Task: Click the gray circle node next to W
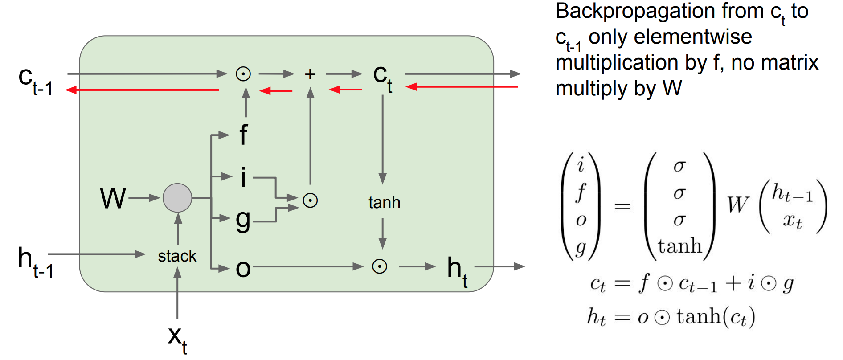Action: pos(177,198)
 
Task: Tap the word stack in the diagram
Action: pos(177,256)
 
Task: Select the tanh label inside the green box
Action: pos(384,203)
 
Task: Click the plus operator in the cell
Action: pos(310,74)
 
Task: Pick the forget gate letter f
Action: pos(243,135)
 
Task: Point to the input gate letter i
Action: pos(243,177)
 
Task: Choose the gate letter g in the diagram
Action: pos(243,220)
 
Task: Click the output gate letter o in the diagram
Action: pos(243,268)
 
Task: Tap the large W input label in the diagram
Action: pos(113,198)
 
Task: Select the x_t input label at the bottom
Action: pos(177,339)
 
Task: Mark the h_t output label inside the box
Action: pos(457,271)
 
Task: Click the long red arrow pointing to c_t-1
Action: pos(143,90)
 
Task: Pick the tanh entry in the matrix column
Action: pos(679,246)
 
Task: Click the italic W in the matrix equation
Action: pos(738,205)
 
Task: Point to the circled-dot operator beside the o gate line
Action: pos(380,267)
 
